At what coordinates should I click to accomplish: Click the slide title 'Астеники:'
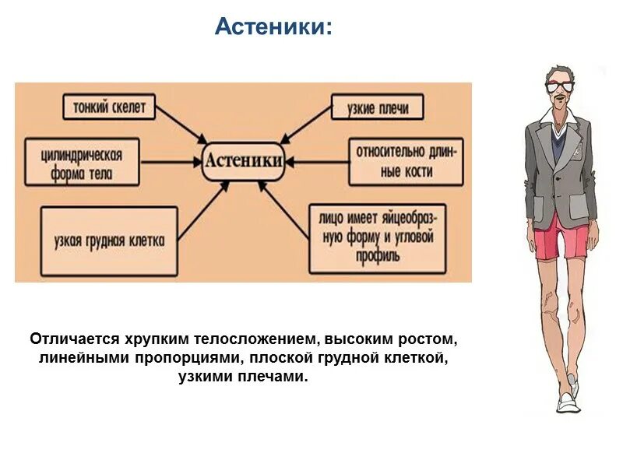(273, 27)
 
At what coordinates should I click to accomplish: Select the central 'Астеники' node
(243, 162)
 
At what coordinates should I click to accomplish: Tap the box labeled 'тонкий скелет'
(109, 107)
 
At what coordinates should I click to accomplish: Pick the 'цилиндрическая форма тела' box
(83, 163)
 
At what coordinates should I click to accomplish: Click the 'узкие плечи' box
(378, 107)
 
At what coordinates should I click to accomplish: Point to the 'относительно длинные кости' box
(405, 162)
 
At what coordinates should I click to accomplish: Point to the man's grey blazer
(545, 163)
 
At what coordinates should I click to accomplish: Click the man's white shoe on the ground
(566, 402)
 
